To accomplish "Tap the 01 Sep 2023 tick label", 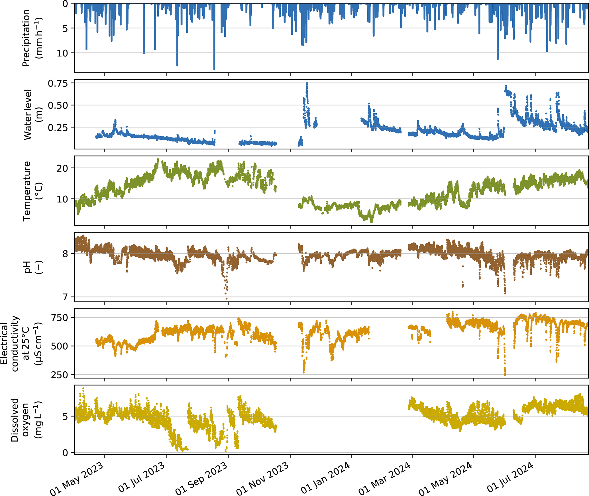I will click(x=201, y=478).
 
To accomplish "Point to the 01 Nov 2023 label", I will click(x=263, y=478).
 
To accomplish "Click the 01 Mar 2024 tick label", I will click(x=385, y=478).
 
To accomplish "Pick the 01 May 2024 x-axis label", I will click(x=445, y=478).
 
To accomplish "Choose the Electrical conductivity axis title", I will click(x=21, y=343).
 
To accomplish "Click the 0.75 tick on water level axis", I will click(x=58, y=83).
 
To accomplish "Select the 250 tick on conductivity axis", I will click(x=60, y=375).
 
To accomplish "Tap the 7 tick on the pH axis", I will click(x=66, y=297).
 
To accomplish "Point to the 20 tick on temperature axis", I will click(x=62, y=168).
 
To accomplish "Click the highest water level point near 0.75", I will click(x=307, y=83).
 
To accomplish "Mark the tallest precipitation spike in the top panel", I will click(x=214, y=68).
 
